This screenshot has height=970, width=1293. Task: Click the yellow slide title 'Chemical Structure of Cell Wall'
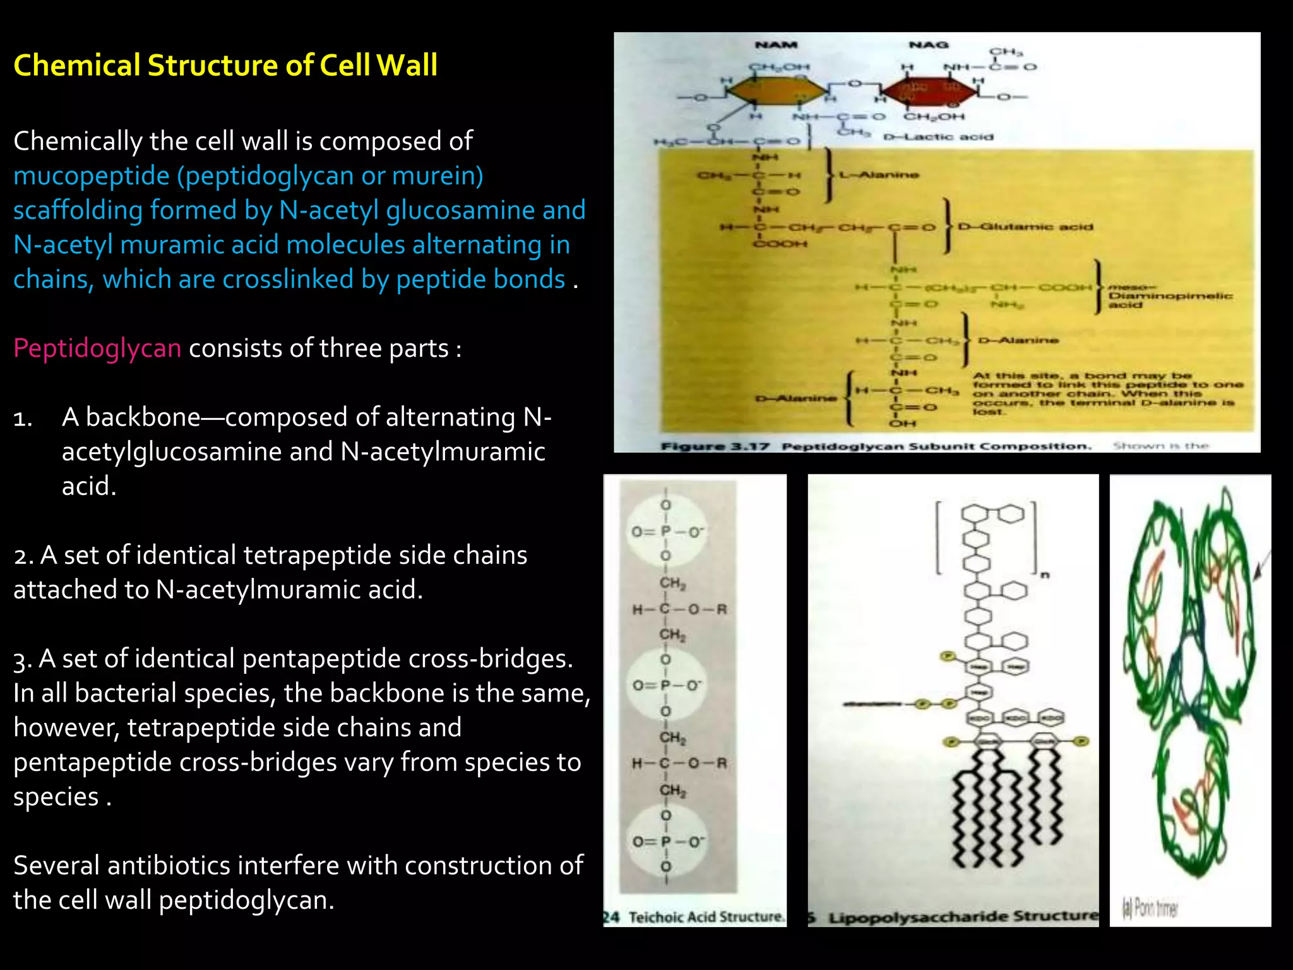point(225,66)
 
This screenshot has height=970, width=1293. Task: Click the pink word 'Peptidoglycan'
point(97,348)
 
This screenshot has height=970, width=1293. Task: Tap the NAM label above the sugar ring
point(776,45)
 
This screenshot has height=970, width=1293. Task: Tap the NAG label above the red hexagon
point(929,45)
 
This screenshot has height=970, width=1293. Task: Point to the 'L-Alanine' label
point(879,175)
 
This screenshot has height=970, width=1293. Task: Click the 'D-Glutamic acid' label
point(1025,227)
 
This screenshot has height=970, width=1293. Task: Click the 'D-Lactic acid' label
point(938,137)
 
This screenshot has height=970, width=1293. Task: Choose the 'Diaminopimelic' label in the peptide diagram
point(1171,296)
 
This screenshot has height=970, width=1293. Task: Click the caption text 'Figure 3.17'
point(715,446)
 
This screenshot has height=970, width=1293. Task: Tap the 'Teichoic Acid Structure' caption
point(706,916)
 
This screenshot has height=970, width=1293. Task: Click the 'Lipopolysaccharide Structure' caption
point(963,917)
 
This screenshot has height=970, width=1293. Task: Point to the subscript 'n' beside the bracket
point(1044,575)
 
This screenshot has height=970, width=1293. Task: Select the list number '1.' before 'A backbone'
point(23,418)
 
